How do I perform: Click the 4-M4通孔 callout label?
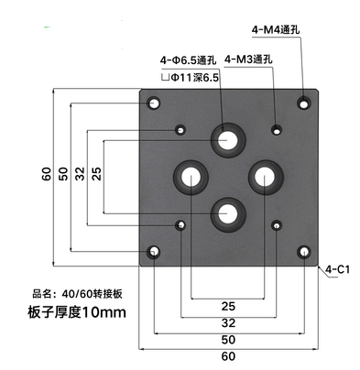point(281,31)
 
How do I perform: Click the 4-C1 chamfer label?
point(339,269)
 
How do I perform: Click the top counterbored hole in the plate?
point(226,140)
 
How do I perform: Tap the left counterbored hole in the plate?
point(192,175)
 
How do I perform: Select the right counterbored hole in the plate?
point(264,175)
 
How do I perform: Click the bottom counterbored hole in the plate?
point(227,212)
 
